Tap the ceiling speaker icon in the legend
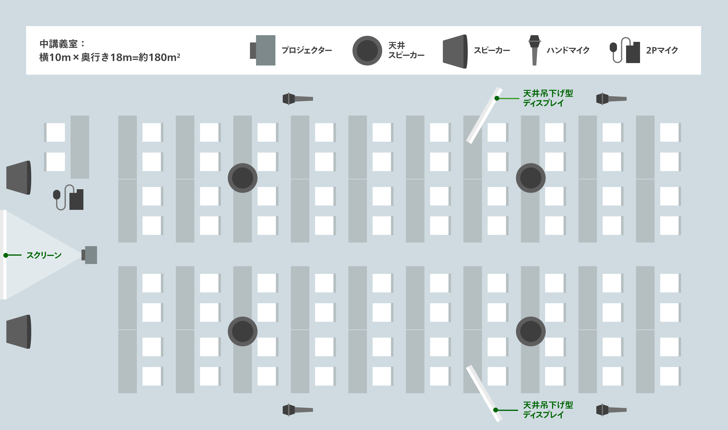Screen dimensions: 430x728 tap(367, 51)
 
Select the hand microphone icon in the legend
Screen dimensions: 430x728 tap(534, 50)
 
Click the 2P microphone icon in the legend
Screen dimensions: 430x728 tap(625, 51)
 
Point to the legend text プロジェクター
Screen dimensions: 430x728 tap(307, 50)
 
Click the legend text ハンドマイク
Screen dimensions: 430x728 tap(568, 50)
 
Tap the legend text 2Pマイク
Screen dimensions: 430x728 tap(662, 50)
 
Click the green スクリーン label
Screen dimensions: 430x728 tap(44, 255)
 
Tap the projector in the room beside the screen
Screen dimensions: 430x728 tap(89, 255)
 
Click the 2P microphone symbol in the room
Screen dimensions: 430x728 tap(69, 198)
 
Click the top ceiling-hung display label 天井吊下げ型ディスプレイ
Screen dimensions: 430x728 tap(548, 98)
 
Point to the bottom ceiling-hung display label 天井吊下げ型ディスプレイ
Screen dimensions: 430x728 tap(548, 410)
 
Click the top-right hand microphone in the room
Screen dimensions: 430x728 tap(611, 99)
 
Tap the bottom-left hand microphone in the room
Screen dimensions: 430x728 tap(297, 410)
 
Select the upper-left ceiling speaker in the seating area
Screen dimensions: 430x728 tap(243, 178)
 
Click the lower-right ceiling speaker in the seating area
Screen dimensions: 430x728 tap(531, 331)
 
